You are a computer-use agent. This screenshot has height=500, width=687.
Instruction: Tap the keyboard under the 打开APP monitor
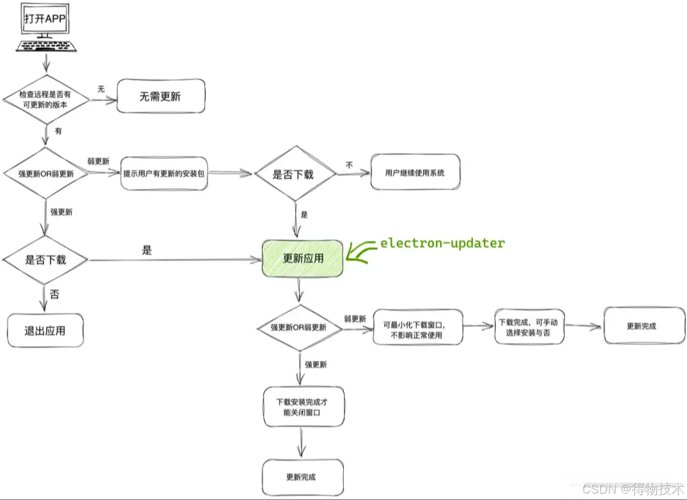(x=45, y=45)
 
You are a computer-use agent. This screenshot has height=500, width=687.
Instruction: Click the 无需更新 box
(x=160, y=97)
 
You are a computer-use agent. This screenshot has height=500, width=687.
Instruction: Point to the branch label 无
(x=100, y=89)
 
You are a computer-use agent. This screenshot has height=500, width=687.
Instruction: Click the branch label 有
(x=58, y=130)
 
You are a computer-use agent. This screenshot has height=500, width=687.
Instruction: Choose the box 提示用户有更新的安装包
(x=164, y=173)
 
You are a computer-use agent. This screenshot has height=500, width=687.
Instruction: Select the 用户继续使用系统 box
(x=414, y=172)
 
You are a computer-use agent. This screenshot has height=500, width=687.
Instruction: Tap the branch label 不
(x=350, y=164)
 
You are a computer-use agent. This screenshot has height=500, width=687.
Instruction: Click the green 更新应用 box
(x=303, y=259)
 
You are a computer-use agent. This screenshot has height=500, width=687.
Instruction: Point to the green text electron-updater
(x=442, y=243)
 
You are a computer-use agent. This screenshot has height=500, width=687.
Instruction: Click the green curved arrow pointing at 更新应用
(x=362, y=252)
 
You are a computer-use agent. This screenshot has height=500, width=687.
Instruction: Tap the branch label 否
(x=55, y=295)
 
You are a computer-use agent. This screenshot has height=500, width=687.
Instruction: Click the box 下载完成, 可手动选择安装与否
(x=529, y=326)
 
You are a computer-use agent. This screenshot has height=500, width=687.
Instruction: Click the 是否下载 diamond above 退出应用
(x=45, y=260)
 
